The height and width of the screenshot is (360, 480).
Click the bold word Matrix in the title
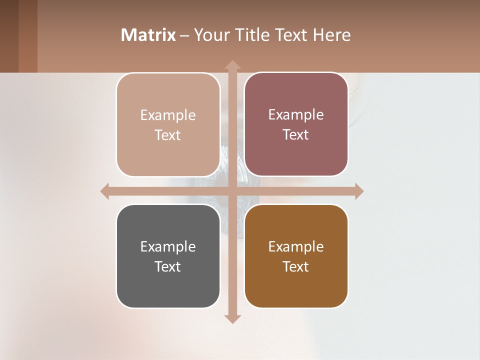coord(148,35)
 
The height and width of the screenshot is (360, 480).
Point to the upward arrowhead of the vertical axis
coord(232,65)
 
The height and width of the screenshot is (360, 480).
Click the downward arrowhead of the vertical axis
coord(232,318)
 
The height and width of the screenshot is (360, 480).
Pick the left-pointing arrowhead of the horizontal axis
coord(105,191)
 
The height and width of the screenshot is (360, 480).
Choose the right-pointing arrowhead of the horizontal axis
coord(358,191)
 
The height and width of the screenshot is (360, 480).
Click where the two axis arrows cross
coord(232,191)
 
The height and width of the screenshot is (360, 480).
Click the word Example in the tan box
coord(168,115)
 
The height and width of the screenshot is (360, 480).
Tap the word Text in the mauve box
coord(296,135)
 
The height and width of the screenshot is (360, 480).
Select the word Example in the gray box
coord(168,247)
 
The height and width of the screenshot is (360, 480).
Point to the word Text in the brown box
coord(296,266)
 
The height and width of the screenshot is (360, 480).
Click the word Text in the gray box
coord(168,266)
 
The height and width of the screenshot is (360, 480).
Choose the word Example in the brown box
coord(296,247)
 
